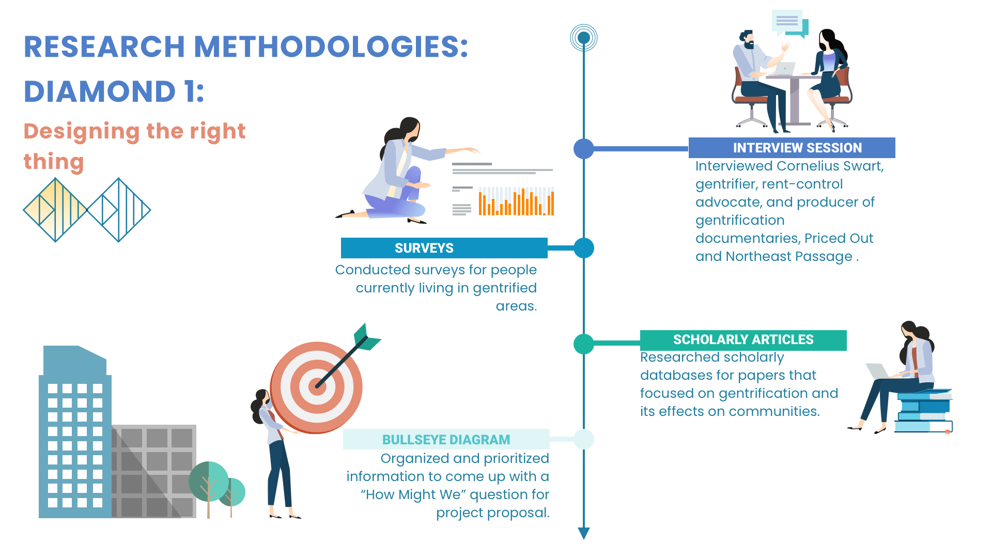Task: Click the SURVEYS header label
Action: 424,248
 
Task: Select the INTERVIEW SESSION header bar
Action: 792,148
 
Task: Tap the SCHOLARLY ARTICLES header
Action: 743,340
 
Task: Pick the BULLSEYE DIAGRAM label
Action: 446,439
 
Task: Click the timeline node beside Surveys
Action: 584,248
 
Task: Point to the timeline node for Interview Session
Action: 584,149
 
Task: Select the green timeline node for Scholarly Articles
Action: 584,344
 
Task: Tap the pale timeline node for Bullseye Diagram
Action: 584,439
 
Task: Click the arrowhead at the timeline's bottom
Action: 584,533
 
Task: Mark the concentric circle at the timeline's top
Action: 584,38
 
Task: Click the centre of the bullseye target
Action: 317,386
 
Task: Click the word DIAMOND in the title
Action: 100,91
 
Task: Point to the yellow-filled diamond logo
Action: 55,210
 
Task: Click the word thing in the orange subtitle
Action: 54,162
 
